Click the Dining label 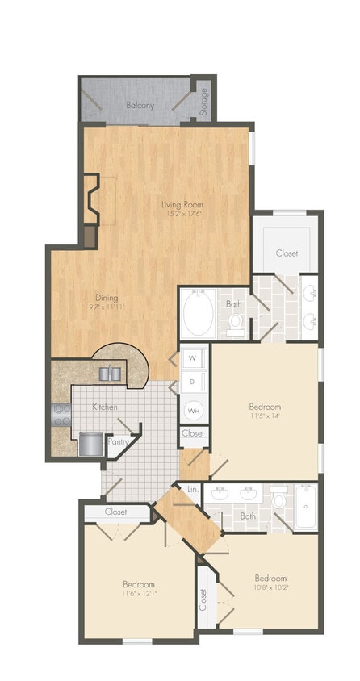pyautogui.click(x=107, y=297)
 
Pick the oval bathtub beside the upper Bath pyautogui.click(x=195, y=315)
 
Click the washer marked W pyautogui.click(x=193, y=356)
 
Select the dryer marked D pyautogui.click(x=193, y=381)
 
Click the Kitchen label pyautogui.click(x=105, y=407)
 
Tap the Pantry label pyautogui.click(x=118, y=441)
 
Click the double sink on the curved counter pyautogui.click(x=111, y=373)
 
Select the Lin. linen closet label pyautogui.click(x=192, y=490)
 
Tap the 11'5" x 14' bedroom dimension pyautogui.click(x=265, y=416)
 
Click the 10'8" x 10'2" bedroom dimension pyautogui.click(x=270, y=587)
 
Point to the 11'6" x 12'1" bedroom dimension pyautogui.click(x=139, y=594)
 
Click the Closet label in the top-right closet pyautogui.click(x=287, y=253)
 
